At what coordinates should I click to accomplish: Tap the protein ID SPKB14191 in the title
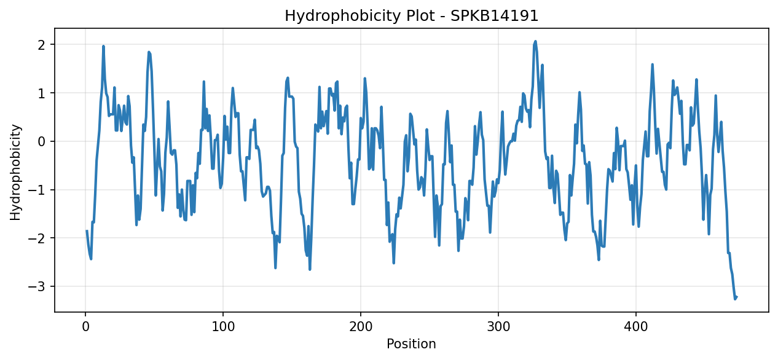click(495, 16)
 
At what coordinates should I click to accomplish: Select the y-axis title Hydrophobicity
click(15, 172)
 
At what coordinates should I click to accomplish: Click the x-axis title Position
click(411, 344)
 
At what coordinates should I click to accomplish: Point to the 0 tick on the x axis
click(85, 327)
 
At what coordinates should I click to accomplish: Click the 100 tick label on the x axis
click(223, 327)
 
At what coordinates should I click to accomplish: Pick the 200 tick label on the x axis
click(361, 327)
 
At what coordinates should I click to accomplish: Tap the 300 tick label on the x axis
click(498, 327)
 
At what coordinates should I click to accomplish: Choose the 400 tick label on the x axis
click(636, 327)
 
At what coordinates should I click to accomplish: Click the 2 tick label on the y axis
click(42, 45)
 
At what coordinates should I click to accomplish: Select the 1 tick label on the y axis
click(42, 93)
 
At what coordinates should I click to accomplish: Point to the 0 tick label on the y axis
click(42, 142)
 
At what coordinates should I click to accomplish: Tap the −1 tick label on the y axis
click(37, 190)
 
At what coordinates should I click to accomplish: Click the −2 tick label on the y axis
click(37, 238)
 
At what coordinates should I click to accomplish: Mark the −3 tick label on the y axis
click(37, 287)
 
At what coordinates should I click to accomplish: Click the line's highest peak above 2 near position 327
click(535, 41)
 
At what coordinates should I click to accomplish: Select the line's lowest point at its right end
click(735, 299)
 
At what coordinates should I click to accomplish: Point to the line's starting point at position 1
click(87, 230)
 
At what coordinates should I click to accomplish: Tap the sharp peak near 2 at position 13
click(103, 46)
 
